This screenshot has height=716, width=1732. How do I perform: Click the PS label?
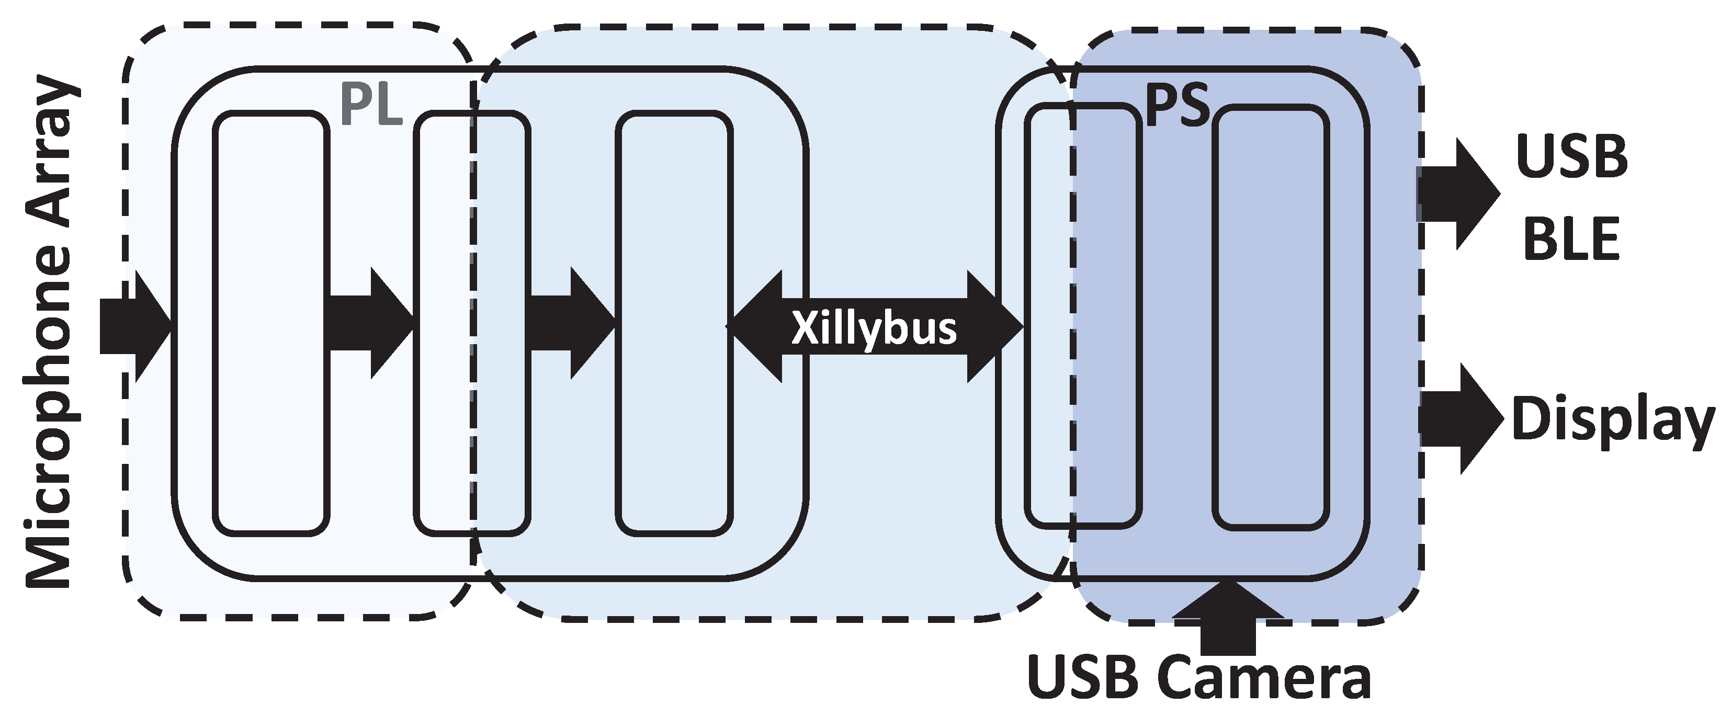click(x=1176, y=106)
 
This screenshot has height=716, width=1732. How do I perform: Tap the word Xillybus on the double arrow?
click(x=874, y=328)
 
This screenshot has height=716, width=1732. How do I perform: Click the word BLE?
click(x=1571, y=240)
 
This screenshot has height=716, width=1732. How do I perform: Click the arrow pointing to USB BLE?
click(x=1459, y=194)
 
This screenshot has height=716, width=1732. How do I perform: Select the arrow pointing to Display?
click(x=1461, y=419)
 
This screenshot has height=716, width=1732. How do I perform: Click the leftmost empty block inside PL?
click(x=271, y=323)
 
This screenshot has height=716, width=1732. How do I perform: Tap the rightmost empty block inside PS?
click(x=1271, y=316)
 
